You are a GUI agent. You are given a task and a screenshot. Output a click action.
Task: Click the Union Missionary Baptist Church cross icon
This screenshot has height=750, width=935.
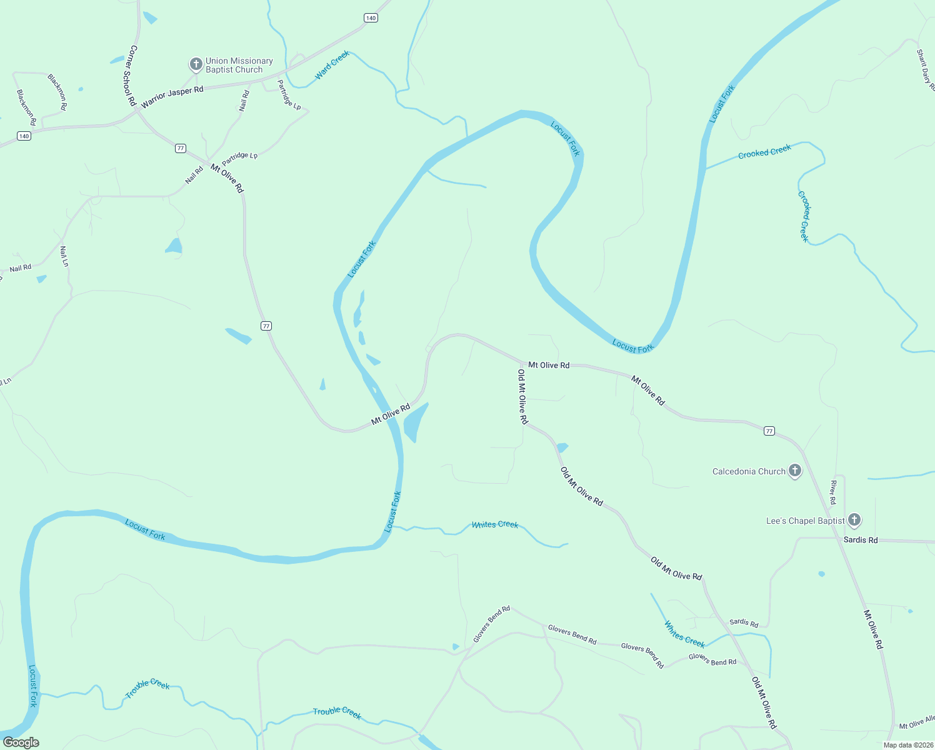196,64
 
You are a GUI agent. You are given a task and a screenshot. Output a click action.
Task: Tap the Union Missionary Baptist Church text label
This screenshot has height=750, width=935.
239,65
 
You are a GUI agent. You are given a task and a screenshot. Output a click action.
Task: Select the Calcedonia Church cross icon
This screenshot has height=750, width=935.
795,471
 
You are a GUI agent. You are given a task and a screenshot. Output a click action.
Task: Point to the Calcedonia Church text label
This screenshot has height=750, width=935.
749,472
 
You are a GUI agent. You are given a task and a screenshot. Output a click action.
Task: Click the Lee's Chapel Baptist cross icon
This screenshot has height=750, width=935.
854,520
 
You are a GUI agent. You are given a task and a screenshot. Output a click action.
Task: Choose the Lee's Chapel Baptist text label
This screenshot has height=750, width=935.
805,521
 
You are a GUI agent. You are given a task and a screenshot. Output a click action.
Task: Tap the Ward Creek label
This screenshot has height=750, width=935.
332,65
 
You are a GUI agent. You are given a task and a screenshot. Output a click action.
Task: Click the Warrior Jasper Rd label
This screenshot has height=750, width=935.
172,97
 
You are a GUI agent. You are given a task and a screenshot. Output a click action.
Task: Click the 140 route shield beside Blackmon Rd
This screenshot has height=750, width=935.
24,136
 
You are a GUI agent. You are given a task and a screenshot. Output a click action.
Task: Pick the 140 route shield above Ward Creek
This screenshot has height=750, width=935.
371,18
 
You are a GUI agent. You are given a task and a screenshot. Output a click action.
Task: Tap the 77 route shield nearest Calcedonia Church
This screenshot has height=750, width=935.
769,431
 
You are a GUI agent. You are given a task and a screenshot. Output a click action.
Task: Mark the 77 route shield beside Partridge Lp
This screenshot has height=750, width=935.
181,148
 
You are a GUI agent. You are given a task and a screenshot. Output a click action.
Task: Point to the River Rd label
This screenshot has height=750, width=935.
833,492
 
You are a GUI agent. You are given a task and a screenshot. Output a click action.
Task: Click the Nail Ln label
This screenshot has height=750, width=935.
64,256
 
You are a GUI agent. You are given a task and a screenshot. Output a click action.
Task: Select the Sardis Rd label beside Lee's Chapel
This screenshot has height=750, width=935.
860,540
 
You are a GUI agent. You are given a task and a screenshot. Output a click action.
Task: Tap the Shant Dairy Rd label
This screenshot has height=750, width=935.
925,70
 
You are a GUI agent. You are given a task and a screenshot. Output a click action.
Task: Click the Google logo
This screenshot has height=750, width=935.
21,742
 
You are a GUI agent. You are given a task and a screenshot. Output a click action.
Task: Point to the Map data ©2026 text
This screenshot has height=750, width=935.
908,745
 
